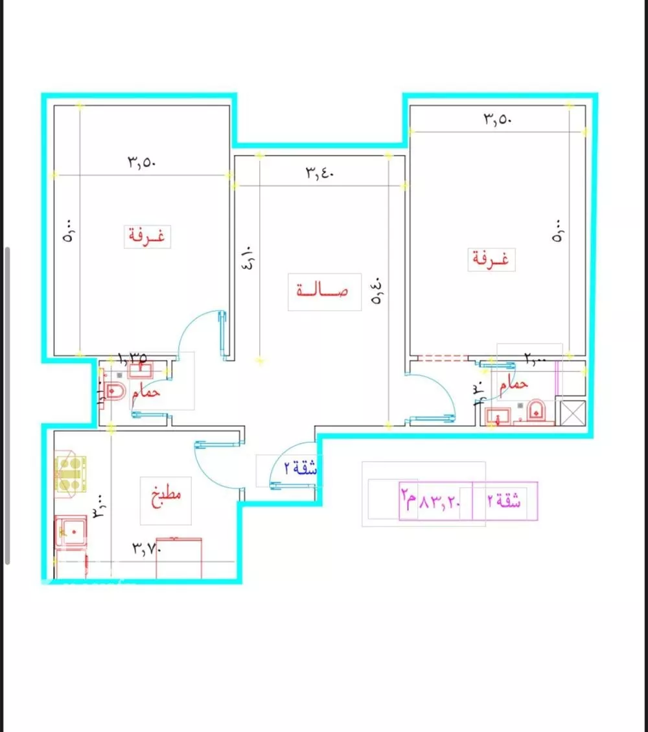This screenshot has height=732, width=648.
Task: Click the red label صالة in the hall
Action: pos(323,290)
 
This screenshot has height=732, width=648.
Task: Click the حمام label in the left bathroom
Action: pos(146,393)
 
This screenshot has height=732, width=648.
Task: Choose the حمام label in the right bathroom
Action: pos(514,384)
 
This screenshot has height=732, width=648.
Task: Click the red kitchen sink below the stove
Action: pos(71,530)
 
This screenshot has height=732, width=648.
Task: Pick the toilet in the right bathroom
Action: pos(537,410)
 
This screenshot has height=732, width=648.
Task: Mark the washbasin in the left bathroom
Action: pos(139,371)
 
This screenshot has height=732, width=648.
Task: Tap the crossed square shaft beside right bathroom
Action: pos(572,412)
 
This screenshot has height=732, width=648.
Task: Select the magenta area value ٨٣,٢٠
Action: pos(439,501)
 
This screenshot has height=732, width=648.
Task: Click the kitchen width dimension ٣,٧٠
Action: pos(146,549)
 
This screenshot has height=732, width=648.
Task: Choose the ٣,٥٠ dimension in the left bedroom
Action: pos(141,163)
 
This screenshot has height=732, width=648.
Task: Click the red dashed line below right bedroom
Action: pos(443,357)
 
